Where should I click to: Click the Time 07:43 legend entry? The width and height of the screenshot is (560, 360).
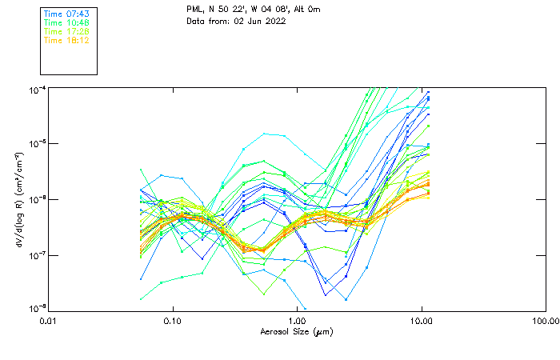(x=66, y=14)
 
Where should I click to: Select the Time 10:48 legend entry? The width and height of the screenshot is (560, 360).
(x=66, y=23)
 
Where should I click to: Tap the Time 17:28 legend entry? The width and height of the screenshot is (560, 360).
(x=66, y=31)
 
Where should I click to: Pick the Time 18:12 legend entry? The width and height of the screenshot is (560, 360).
(x=66, y=40)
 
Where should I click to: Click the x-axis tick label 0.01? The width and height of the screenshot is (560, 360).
(x=49, y=321)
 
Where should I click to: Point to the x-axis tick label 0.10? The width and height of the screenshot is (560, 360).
(x=173, y=321)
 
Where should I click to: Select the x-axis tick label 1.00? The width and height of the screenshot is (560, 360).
(x=297, y=321)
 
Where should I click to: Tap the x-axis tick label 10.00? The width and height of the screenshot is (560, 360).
(x=421, y=321)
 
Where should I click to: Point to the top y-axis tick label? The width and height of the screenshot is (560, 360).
(x=37, y=88)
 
